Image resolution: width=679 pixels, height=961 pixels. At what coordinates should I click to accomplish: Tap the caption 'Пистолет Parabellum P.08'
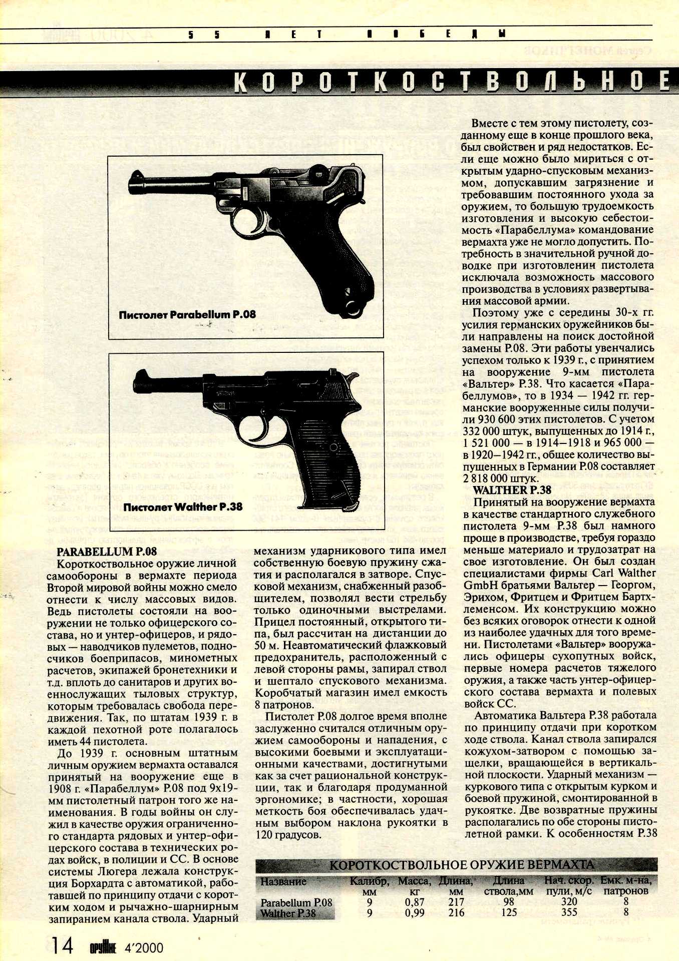tap(187, 315)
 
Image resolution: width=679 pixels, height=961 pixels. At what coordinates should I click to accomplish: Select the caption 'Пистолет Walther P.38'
tap(183, 507)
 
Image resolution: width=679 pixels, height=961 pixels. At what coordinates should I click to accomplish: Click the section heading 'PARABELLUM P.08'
tap(106, 552)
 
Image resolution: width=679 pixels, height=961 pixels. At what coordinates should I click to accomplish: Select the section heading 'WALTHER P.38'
tap(512, 490)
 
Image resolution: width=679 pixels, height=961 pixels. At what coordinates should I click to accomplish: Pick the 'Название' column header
tap(283, 881)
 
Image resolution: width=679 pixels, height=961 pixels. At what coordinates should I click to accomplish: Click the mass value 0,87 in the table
tap(414, 902)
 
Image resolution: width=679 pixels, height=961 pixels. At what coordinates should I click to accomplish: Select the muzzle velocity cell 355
tap(569, 912)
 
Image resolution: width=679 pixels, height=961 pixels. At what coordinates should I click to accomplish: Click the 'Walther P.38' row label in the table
tap(288, 913)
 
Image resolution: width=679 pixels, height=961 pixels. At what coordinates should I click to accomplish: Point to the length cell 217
tap(456, 902)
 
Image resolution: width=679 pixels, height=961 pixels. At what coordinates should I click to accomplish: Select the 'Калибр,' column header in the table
tap(369, 881)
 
